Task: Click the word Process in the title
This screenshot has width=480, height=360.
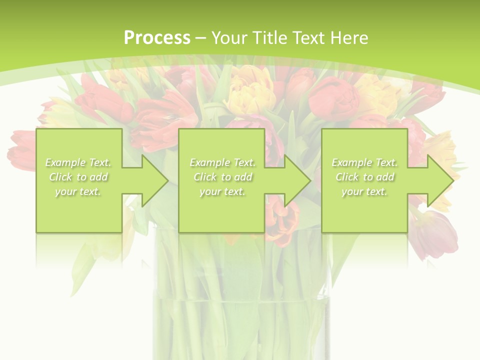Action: pos(157,37)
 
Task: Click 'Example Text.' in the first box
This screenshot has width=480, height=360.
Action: pos(78,162)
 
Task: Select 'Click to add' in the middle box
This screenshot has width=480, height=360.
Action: pos(222,177)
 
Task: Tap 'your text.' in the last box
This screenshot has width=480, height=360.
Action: pos(364,191)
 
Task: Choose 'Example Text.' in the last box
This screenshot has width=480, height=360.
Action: pos(364,162)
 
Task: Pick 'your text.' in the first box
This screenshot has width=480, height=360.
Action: pos(78,191)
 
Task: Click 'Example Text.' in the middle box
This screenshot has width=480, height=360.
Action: pos(222,162)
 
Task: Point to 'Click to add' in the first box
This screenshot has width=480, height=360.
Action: pos(78,177)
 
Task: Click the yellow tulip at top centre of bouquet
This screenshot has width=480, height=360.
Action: pos(250,90)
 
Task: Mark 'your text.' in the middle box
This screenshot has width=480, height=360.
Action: pos(222,191)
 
